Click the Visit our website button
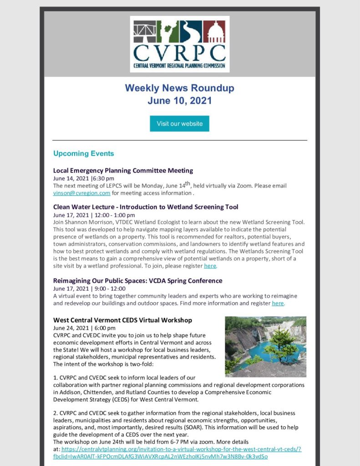tap(179, 124)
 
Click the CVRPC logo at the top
tap(179, 44)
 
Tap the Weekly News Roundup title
tap(179, 87)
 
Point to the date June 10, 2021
tap(179, 101)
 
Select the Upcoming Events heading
tap(83, 153)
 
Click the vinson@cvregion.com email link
tap(82, 193)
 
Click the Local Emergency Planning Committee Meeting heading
tap(123, 170)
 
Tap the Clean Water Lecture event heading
tap(146, 207)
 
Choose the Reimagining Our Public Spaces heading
tap(137, 280)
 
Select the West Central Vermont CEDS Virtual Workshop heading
tap(122, 320)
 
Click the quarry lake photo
tap(265, 347)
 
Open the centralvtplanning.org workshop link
tap(182, 453)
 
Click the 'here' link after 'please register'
tap(210, 266)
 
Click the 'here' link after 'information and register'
tap(278, 303)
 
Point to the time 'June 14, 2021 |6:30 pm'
tap(84, 178)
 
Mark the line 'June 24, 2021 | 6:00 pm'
tap(84, 328)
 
